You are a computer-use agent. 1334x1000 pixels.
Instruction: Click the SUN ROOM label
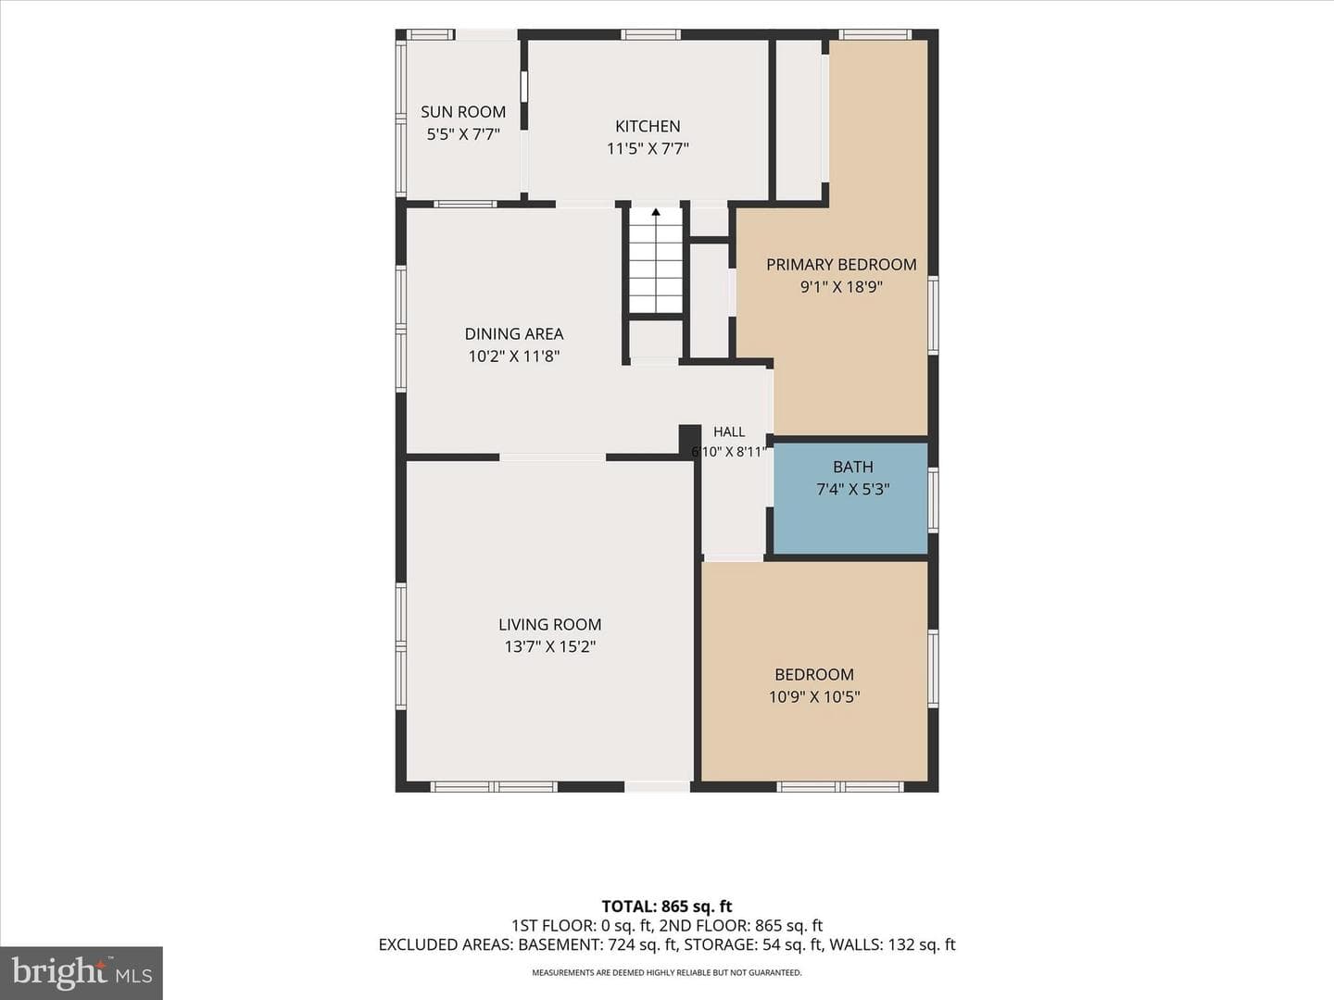coord(463,112)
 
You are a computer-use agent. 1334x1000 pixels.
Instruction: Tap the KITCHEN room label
coord(648,126)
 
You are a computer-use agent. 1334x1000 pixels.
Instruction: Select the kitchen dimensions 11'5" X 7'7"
coord(648,149)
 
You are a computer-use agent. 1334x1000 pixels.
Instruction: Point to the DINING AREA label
coord(514,334)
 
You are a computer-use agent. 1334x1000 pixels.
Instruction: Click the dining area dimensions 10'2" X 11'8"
coord(514,356)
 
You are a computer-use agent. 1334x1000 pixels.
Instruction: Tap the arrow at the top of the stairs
coord(656,212)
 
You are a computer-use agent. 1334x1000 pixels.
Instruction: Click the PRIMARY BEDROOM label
coord(841,265)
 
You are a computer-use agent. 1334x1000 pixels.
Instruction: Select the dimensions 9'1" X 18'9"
coord(841,287)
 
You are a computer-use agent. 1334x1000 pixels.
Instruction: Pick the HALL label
coord(729,431)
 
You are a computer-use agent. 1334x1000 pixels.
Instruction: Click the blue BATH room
coord(850,498)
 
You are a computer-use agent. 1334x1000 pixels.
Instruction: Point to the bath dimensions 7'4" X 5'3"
coord(853,489)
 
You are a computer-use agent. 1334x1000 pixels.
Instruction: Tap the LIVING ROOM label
coord(550,624)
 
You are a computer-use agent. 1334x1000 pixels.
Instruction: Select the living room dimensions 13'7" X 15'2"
coord(550,646)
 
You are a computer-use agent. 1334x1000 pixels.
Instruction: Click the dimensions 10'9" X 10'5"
coord(814,696)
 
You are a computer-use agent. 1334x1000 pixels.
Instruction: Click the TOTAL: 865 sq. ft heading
coord(667,906)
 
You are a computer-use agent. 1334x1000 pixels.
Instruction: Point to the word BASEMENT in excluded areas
coord(558,944)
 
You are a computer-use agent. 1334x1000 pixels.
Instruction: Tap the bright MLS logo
coord(82,972)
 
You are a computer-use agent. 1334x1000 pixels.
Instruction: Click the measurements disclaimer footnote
coord(667,972)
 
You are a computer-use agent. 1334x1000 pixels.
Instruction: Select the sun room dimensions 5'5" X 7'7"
coord(463,134)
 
